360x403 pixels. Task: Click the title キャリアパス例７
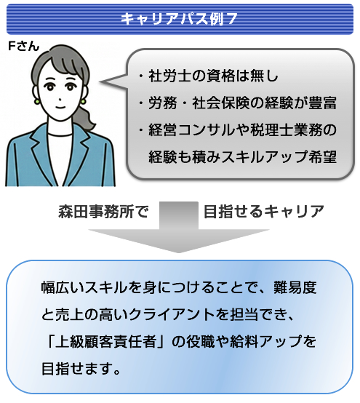(179, 19)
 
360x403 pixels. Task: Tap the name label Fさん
(24, 47)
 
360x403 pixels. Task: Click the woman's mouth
(60, 108)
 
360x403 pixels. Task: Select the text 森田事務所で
(103, 212)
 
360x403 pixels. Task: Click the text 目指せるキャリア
(264, 212)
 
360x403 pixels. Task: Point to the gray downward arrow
(179, 227)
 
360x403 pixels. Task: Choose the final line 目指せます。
(81, 369)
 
